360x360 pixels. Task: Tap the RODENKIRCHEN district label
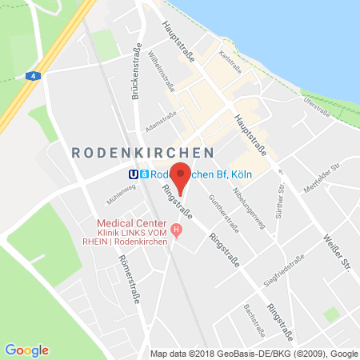142,152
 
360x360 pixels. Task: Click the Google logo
27,350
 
